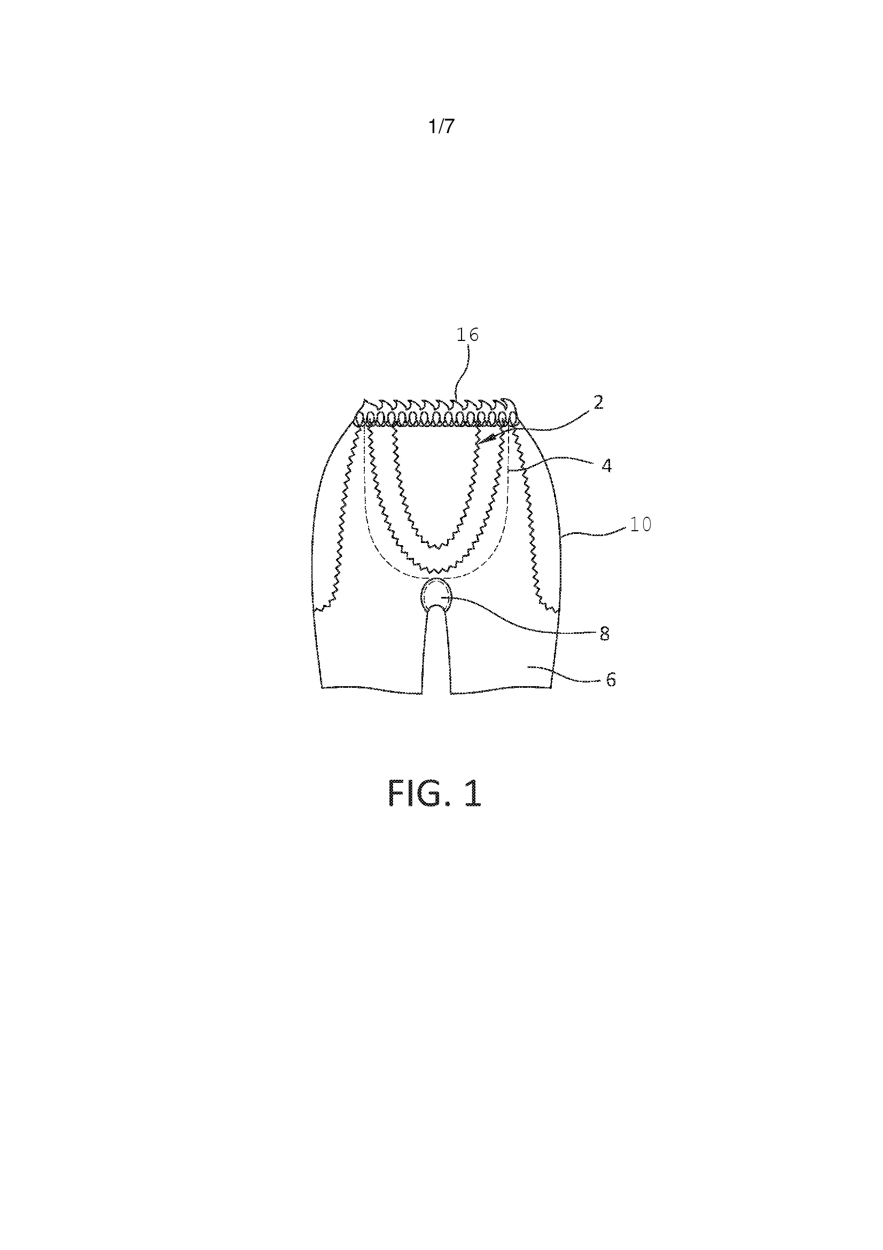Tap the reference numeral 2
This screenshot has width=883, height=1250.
click(598, 403)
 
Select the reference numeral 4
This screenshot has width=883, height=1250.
click(607, 466)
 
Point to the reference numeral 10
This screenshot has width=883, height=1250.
click(641, 524)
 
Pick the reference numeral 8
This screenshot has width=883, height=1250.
click(604, 634)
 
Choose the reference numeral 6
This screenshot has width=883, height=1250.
click(611, 680)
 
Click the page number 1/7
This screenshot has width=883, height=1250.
click(441, 126)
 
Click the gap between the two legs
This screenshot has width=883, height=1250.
click(436, 653)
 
